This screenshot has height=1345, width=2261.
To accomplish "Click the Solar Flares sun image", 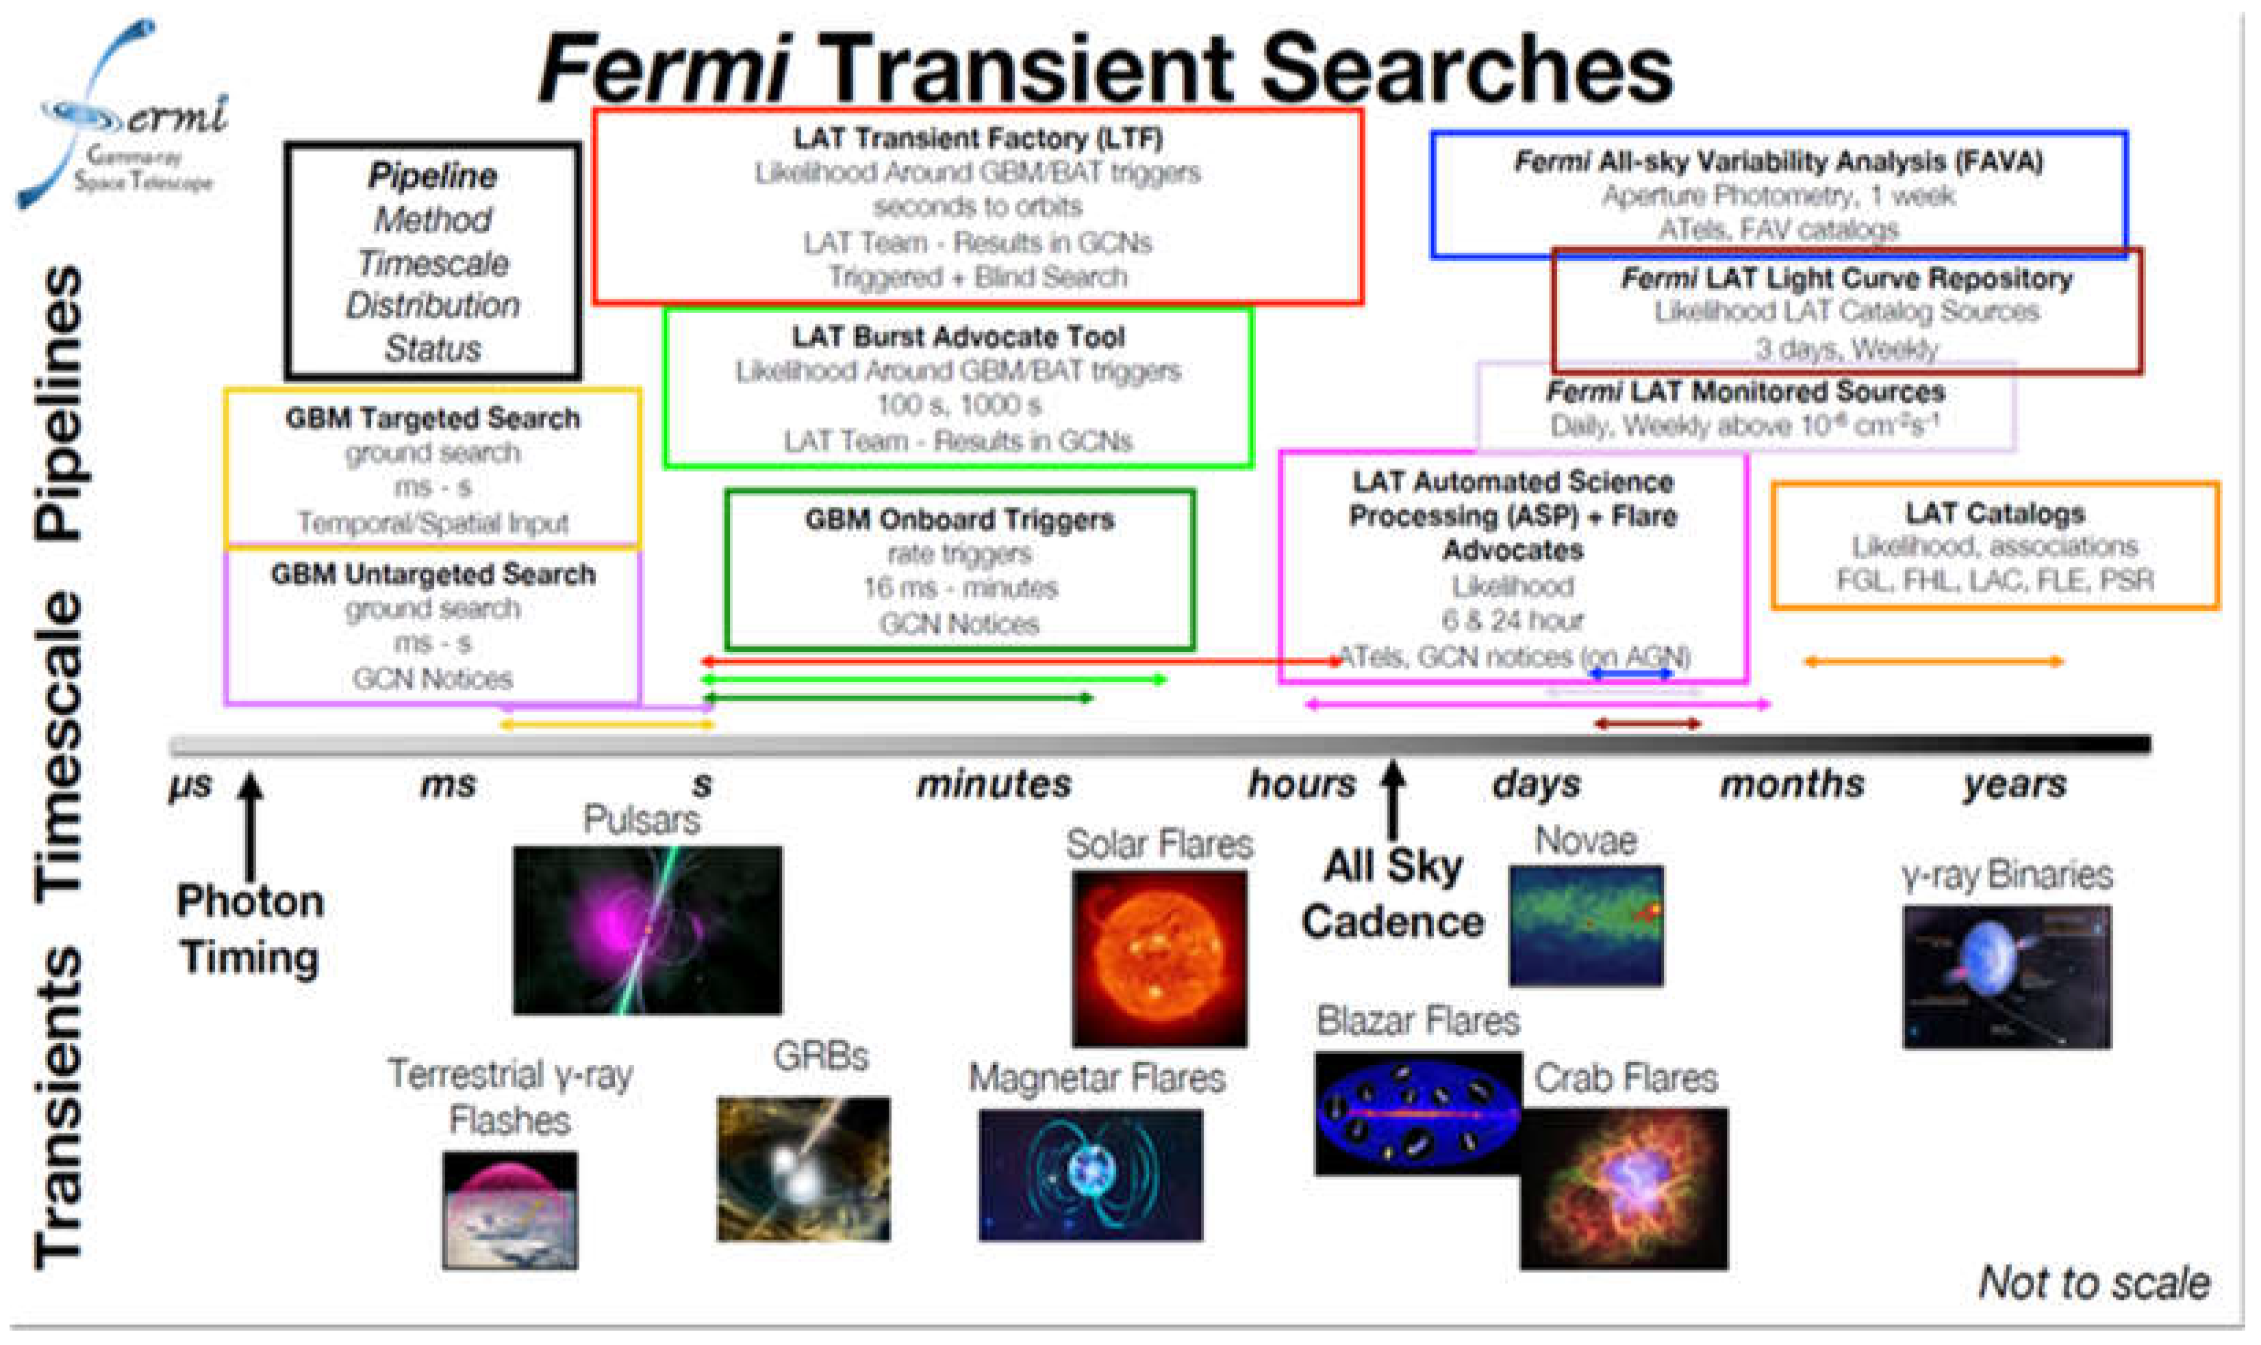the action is [x=1159, y=958].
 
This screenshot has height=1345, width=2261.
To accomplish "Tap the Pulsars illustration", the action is [x=646, y=929].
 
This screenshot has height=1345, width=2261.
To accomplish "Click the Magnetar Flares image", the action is [x=1090, y=1174].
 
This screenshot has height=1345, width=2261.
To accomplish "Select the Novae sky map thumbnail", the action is [x=1586, y=925].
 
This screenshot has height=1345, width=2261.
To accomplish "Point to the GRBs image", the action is [x=803, y=1168].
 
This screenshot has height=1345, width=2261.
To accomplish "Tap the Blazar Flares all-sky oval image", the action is [x=1417, y=1113].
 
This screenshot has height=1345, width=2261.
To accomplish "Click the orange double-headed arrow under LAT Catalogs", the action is [x=1934, y=662].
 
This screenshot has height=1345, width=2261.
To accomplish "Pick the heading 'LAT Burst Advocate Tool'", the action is [x=958, y=337].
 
